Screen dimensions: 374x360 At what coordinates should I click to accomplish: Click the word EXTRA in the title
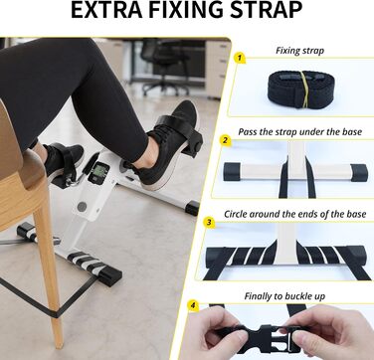[x=106, y=10]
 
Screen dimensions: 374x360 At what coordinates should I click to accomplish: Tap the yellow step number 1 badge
[x=240, y=58]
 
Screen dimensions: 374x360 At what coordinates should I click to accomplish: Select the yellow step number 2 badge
[x=226, y=140]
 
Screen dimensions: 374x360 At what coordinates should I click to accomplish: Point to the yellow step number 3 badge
[x=209, y=223]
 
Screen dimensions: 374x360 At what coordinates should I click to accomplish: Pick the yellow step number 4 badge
[x=193, y=305]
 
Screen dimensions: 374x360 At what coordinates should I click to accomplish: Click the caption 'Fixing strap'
[x=299, y=51]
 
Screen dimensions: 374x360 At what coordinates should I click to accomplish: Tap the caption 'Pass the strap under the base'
[x=299, y=132]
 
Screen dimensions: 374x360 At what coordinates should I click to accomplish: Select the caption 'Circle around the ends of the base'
[x=295, y=214]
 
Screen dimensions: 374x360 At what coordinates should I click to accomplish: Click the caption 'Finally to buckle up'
[x=284, y=296]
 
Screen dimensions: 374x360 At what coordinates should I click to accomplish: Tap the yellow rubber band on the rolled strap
[x=304, y=90]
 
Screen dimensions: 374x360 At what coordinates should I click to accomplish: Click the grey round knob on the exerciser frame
[x=82, y=207]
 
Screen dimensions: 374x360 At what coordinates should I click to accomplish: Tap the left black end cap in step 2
[x=232, y=172]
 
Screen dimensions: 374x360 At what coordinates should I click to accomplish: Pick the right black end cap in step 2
[x=359, y=172]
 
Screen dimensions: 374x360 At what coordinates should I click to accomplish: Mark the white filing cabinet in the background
[x=218, y=68]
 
